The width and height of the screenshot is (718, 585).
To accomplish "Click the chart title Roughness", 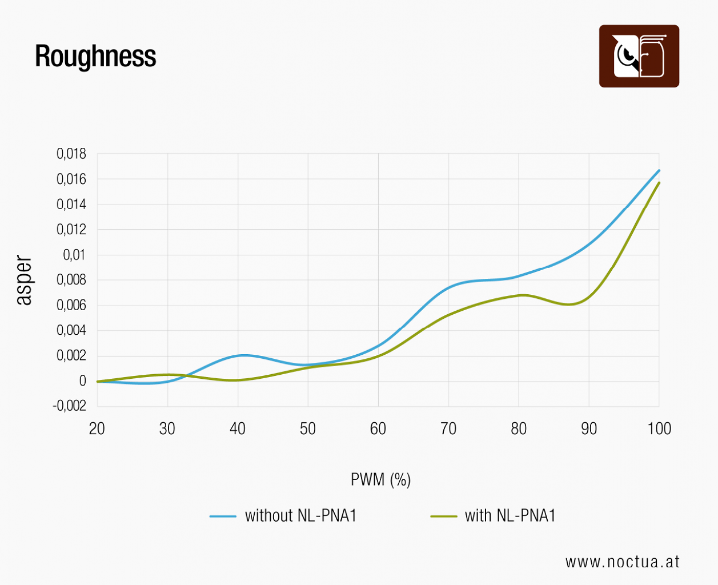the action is [96, 57].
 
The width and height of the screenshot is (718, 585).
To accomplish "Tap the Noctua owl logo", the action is [639, 56].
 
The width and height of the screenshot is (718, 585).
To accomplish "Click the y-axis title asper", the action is [24, 280].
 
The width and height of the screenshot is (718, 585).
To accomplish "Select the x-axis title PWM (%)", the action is [380, 479].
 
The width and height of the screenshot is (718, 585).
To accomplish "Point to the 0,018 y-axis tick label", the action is [71, 154].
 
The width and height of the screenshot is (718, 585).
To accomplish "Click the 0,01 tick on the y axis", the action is [74, 255].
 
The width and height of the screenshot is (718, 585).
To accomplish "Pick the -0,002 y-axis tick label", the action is [70, 406].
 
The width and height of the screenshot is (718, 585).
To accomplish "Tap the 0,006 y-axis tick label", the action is [71, 305].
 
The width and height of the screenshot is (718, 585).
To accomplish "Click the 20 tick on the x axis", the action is [97, 429].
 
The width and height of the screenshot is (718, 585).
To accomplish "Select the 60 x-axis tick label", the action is [378, 429].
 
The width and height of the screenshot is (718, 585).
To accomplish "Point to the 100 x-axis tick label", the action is [659, 429].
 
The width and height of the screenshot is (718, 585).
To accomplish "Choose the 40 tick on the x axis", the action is [238, 429].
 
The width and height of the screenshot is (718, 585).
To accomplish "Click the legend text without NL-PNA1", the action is [300, 515].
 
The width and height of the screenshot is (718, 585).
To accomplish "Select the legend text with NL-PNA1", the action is [510, 515].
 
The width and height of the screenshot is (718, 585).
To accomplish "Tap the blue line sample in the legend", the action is [223, 516].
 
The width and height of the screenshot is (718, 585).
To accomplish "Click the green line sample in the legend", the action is [444, 516].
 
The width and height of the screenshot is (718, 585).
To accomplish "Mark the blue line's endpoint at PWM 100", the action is [659, 171].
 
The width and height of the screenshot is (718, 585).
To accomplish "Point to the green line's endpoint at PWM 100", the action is [659, 183].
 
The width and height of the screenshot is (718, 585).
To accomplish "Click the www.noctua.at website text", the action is [622, 562].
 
